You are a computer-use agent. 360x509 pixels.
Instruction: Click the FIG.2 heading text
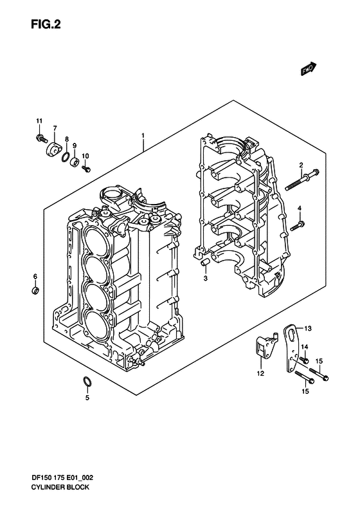[46, 24]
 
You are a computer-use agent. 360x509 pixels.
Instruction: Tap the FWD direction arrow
[308, 69]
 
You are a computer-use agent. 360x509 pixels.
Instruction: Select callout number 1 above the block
[142, 135]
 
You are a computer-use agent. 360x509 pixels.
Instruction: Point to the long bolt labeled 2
[302, 180]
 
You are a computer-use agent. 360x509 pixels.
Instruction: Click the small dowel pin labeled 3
[204, 263]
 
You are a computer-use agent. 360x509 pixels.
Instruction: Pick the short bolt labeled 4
[298, 226]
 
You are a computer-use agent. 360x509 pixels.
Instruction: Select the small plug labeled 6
[35, 290]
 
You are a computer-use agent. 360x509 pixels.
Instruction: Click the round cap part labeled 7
[53, 151]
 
